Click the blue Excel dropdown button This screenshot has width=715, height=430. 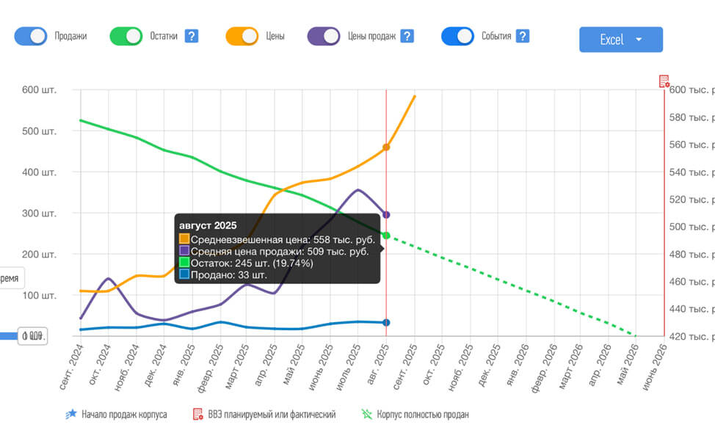[620, 40]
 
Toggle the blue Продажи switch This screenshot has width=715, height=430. [30, 36]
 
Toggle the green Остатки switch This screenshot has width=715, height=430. [126, 36]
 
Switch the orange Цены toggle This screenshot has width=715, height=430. [242, 36]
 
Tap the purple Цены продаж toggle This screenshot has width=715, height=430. [324, 36]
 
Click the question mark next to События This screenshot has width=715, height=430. [523, 36]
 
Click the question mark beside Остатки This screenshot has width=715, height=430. [192, 36]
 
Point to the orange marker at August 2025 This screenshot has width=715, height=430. [386, 147]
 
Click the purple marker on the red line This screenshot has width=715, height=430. [386, 215]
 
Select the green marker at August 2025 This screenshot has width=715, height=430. [386, 236]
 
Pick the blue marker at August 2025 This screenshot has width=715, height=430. [386, 323]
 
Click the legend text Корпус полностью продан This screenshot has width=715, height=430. [423, 415]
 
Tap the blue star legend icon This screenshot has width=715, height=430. [71, 415]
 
